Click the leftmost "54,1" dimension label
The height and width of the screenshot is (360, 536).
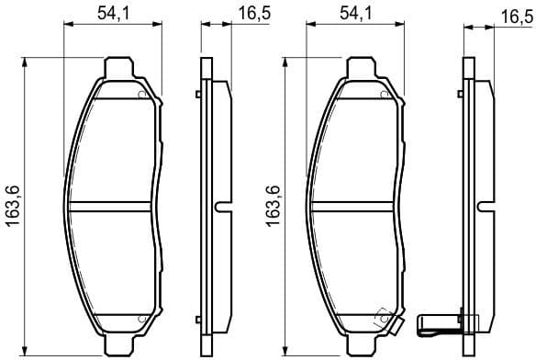pos(112,13)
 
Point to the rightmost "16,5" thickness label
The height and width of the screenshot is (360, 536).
pos(510,17)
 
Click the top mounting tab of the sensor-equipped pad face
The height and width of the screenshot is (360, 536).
pos(361,70)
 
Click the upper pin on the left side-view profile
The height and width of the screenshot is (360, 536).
pos(198,94)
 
